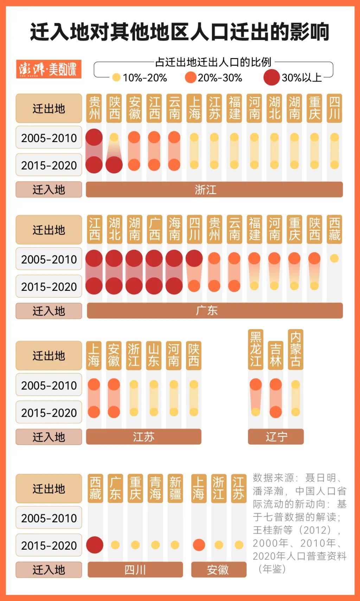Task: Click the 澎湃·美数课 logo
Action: coord(49,69)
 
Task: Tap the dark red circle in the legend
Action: coord(271,77)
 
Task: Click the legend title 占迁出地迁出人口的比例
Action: coord(213,62)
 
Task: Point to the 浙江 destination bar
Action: coord(214,190)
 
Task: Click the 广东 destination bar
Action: coord(214,311)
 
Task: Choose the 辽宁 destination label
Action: coord(276,437)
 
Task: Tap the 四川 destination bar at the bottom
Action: coord(135,569)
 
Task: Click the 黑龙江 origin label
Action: coord(256,349)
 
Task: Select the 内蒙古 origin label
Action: coord(295,349)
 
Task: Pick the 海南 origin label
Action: coord(174,229)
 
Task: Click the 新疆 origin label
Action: coord(175,488)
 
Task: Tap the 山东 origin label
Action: coord(154,355)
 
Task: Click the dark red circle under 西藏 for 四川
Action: coord(95,545)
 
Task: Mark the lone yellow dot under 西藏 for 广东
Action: coord(334,258)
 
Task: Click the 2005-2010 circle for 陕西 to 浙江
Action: coord(114,138)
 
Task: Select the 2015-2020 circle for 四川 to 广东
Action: coord(194,286)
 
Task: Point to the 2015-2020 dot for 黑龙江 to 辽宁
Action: coord(256,411)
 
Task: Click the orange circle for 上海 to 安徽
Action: coord(199,545)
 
